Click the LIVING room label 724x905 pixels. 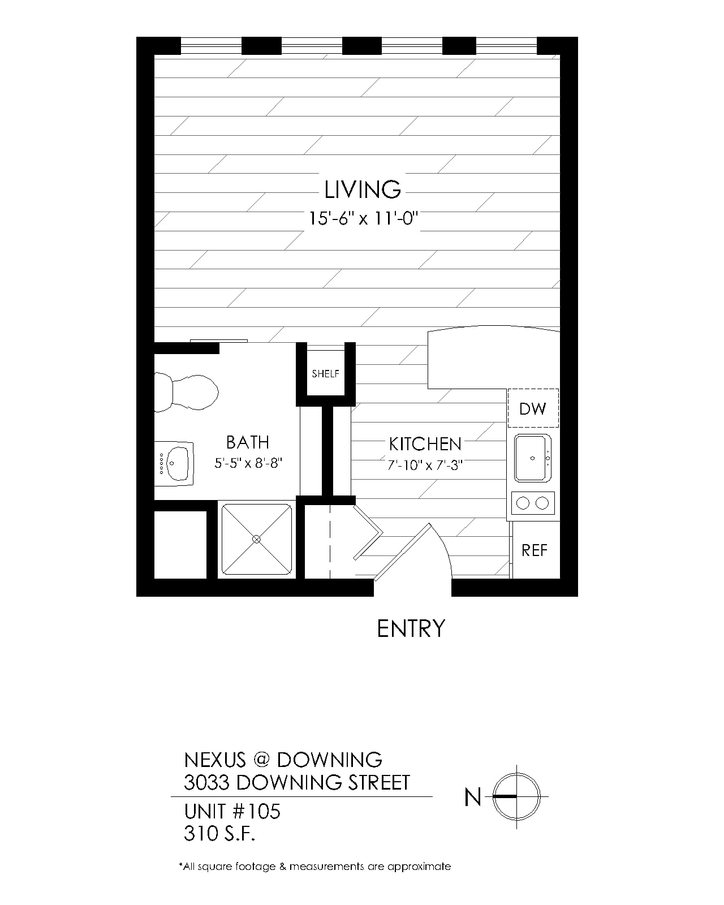click(x=362, y=189)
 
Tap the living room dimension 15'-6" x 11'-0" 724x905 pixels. click(x=364, y=219)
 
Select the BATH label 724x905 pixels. click(x=247, y=442)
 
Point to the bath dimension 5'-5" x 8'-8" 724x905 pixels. click(x=248, y=463)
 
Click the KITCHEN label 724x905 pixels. click(x=425, y=444)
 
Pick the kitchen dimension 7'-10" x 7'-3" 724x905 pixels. click(x=425, y=465)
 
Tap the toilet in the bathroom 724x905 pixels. click(x=186, y=393)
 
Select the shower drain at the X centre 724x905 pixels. click(x=256, y=539)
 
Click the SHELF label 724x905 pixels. click(x=326, y=373)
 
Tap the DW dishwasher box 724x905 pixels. click(x=533, y=408)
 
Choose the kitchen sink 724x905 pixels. click(x=533, y=458)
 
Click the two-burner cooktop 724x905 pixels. click(x=533, y=503)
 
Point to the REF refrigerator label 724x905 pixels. click(x=535, y=550)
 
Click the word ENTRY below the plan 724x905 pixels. click(x=411, y=629)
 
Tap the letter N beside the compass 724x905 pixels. click(x=473, y=797)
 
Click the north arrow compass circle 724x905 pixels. click(x=516, y=773)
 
